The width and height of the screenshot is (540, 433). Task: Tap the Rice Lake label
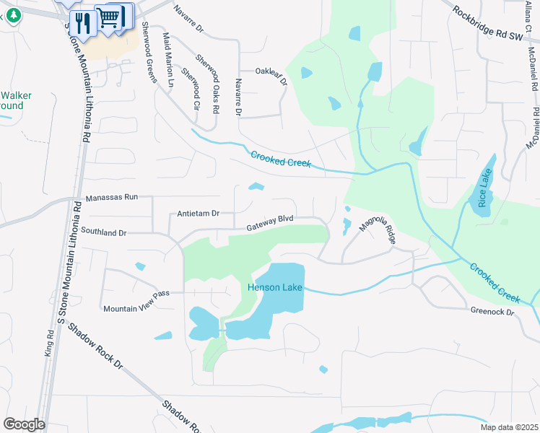point(483,190)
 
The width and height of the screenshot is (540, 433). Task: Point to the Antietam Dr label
point(198,214)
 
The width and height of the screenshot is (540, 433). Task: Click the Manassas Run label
point(111,197)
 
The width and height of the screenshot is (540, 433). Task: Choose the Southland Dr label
point(103,233)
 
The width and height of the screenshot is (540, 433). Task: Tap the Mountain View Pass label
point(136,308)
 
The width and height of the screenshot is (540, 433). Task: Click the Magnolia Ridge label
point(377,232)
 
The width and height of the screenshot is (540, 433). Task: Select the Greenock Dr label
point(491,312)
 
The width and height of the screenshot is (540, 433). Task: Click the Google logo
point(24,424)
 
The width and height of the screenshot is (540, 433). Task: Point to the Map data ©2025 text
point(509,427)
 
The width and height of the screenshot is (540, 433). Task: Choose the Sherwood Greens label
point(149,53)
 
